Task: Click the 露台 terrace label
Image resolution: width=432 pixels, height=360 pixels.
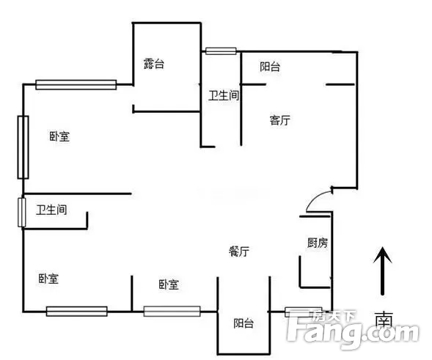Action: (x=154, y=64)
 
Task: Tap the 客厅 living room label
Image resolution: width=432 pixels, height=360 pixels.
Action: (x=279, y=120)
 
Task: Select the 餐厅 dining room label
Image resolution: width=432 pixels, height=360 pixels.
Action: (x=239, y=251)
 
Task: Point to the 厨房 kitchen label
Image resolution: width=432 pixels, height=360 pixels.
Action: (x=318, y=243)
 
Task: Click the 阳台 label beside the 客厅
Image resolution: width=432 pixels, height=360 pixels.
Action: (x=270, y=67)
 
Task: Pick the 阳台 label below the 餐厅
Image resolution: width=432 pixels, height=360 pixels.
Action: (x=244, y=323)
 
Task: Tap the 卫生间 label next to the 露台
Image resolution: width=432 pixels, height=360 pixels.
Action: (x=224, y=95)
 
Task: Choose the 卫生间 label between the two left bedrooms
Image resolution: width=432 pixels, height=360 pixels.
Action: (x=51, y=210)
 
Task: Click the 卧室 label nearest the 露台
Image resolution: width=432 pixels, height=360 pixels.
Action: (x=59, y=136)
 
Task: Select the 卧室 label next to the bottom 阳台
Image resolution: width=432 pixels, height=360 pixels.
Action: (x=169, y=284)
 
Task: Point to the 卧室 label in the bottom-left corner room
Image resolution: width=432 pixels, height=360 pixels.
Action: (x=48, y=279)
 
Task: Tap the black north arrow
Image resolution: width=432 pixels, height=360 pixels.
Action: (x=382, y=271)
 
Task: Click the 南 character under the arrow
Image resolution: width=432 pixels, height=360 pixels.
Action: (x=384, y=320)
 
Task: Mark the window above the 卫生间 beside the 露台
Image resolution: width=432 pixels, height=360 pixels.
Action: (x=221, y=51)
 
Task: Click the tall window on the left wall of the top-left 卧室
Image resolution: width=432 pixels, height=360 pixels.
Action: (x=23, y=147)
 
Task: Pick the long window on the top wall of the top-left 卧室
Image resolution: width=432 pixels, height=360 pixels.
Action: (x=76, y=84)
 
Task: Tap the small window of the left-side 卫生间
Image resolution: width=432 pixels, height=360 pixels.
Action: (x=22, y=213)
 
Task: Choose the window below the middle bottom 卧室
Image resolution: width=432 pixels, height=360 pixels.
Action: (x=172, y=312)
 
